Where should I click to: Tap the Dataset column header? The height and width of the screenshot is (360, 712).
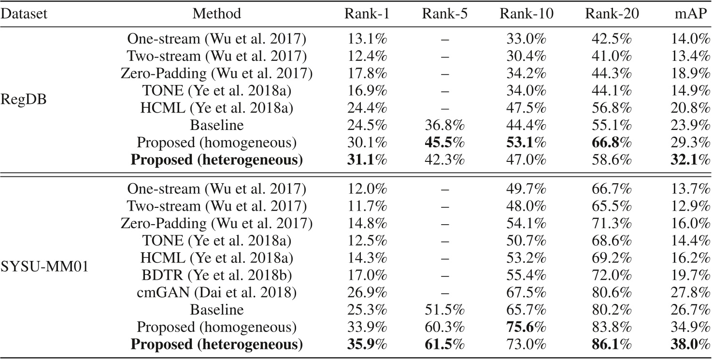[24, 14]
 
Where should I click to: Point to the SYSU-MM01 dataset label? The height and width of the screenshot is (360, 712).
[45, 265]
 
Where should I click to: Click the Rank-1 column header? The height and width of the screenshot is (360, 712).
[367, 14]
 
